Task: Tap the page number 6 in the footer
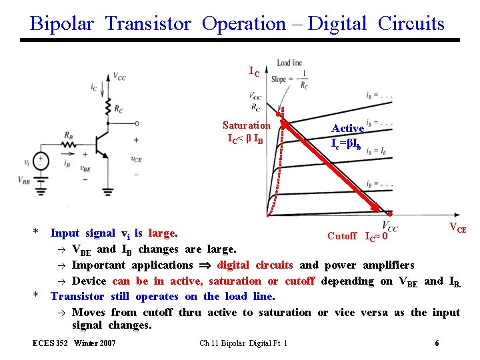[x=437, y=343]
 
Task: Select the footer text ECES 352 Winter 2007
[x=74, y=343]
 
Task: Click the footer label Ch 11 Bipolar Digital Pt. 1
[x=243, y=343]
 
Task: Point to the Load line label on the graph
[x=289, y=63]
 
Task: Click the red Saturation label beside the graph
[x=247, y=125]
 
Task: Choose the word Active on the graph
[x=348, y=128]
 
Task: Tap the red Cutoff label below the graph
[x=342, y=236]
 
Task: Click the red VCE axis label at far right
[x=457, y=228]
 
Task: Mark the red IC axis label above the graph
[x=255, y=71]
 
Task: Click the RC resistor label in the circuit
[x=118, y=109]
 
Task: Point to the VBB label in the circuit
[x=24, y=181]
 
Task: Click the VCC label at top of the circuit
[x=119, y=77]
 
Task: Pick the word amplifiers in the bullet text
[x=387, y=265]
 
